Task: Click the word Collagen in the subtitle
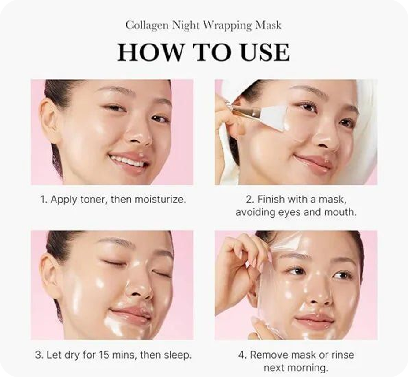[147, 26]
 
